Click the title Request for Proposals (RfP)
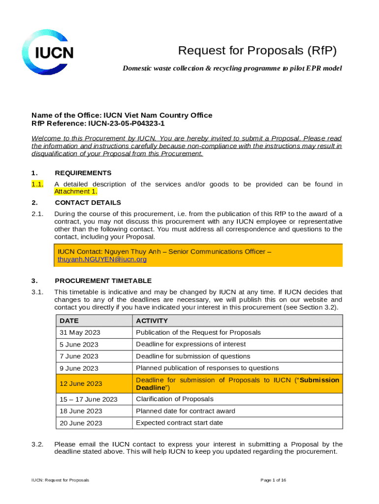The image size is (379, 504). [257, 51]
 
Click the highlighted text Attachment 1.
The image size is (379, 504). [76, 192]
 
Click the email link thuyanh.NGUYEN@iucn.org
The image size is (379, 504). [102, 259]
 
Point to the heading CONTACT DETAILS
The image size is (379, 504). [88, 202]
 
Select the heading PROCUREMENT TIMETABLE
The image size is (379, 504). [103, 281]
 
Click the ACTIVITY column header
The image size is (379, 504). [152, 321]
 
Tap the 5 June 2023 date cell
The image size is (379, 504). [79, 345]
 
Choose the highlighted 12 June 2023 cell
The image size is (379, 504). [81, 384]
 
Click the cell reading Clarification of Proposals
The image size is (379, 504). [175, 399]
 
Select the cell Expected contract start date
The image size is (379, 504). [179, 423]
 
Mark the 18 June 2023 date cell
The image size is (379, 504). [81, 411]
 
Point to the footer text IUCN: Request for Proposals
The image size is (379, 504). [60, 480]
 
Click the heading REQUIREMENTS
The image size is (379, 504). [83, 173]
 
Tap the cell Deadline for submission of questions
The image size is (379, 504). [193, 356]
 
